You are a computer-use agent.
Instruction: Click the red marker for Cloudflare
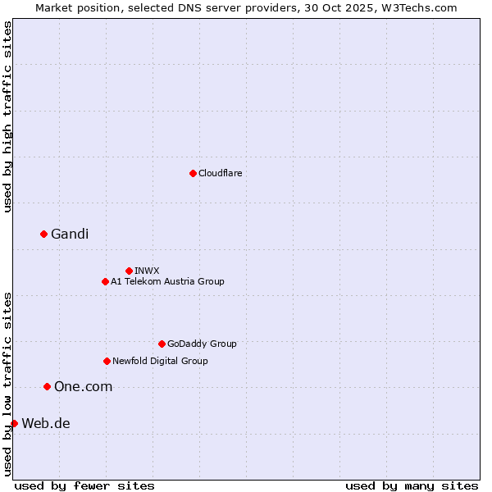pos(193,173)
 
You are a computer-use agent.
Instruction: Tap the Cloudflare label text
pos(220,174)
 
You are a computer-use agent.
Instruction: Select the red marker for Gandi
pos(43,234)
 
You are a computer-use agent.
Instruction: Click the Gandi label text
pos(70,235)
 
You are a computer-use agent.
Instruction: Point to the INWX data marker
pos(129,271)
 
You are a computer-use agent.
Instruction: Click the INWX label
pos(147,271)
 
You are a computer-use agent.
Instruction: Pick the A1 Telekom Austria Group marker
pos(105,281)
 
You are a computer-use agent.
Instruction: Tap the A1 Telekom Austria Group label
pos(167,282)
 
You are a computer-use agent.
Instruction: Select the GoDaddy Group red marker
pos(162,344)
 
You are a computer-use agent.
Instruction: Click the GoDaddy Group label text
pos(202,344)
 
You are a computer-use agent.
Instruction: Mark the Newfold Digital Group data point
pos(107,361)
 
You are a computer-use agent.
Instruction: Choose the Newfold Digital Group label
pos(160,362)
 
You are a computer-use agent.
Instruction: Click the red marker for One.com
pos(47,386)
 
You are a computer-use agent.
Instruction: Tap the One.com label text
pos(83,387)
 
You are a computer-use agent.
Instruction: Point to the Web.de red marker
pos(14,423)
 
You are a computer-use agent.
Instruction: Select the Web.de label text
pos(46,424)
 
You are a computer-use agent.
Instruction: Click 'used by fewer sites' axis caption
pos(84,485)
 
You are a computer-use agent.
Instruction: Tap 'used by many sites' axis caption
pos(412,485)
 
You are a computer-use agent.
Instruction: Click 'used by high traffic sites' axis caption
pos(7,116)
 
